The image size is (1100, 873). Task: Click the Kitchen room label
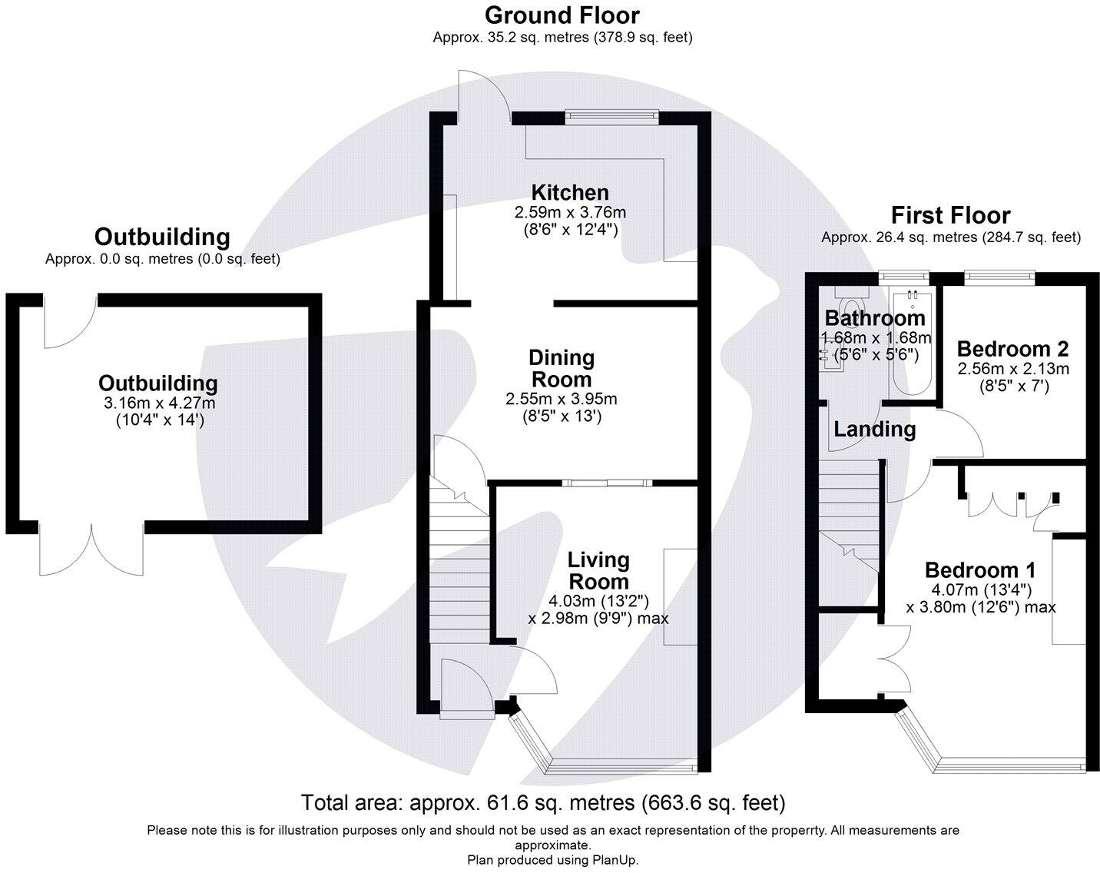570,192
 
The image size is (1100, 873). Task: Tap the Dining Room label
561,368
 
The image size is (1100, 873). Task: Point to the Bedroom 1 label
979,570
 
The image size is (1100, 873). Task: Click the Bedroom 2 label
1012,349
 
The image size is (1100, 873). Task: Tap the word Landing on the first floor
874,429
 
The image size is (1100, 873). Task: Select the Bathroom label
874,318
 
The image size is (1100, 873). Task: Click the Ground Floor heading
562,15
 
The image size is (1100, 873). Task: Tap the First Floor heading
950,215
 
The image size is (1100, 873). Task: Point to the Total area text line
543,803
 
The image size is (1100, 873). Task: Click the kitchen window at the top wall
612,116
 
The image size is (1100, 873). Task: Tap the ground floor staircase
459,561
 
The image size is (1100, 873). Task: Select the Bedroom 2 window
999,275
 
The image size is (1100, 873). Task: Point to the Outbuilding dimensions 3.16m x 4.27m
159,403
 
